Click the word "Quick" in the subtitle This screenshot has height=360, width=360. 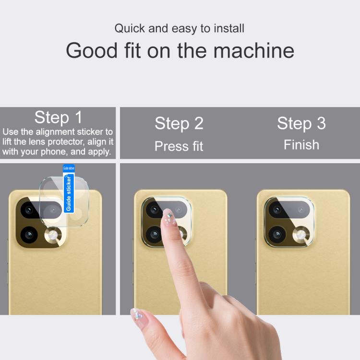[130, 29]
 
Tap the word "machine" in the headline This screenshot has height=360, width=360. [254, 50]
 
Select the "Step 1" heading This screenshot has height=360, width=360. [58, 118]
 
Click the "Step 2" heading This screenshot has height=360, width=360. [179, 123]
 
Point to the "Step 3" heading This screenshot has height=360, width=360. [301, 123]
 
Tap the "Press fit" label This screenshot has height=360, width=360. [179, 146]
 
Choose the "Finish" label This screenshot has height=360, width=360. [301, 145]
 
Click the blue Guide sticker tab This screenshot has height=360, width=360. [69, 189]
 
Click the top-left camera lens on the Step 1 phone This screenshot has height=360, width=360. [29, 210]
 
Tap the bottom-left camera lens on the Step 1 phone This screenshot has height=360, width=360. [29, 235]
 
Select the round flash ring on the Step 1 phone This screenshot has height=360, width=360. [53, 236]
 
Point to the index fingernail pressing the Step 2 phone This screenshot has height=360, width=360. [169, 216]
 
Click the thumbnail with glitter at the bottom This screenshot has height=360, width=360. [137, 315]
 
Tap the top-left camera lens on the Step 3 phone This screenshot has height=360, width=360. [277, 210]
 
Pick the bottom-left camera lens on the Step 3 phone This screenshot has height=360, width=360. [277, 234]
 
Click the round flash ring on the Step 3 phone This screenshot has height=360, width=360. [301, 235]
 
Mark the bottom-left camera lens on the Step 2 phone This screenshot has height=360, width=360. [154, 234]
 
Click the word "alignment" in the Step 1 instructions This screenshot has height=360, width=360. [55, 132]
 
